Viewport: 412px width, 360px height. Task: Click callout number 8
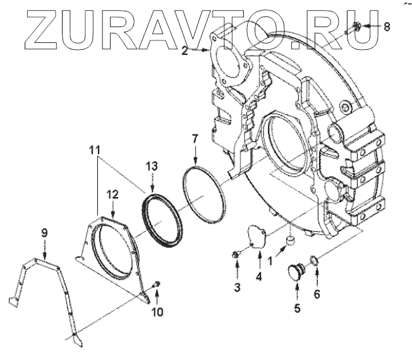[x=387, y=27]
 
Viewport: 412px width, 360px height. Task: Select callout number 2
[x=185, y=52]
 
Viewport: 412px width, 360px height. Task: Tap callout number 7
[x=195, y=138]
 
